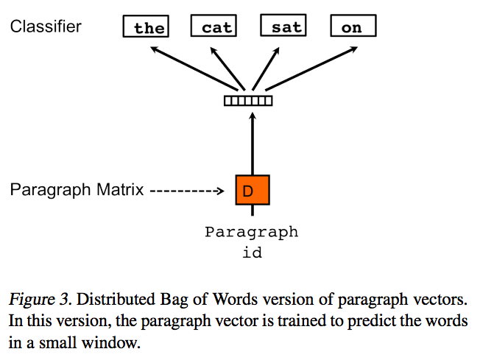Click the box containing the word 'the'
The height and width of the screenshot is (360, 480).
[148, 28]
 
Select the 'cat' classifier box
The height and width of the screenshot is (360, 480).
[216, 27]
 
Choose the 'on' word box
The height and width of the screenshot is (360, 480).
[353, 28]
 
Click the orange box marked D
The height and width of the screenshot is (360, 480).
[252, 191]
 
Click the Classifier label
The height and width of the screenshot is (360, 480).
[46, 27]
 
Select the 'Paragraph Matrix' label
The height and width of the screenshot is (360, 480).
[76, 190]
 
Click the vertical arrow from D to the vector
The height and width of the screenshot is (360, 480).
[252, 144]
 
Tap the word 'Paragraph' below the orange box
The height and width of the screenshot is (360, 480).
[252, 232]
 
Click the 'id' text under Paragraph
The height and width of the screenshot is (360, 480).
[252, 253]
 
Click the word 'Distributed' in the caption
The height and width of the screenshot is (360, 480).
[110, 300]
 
